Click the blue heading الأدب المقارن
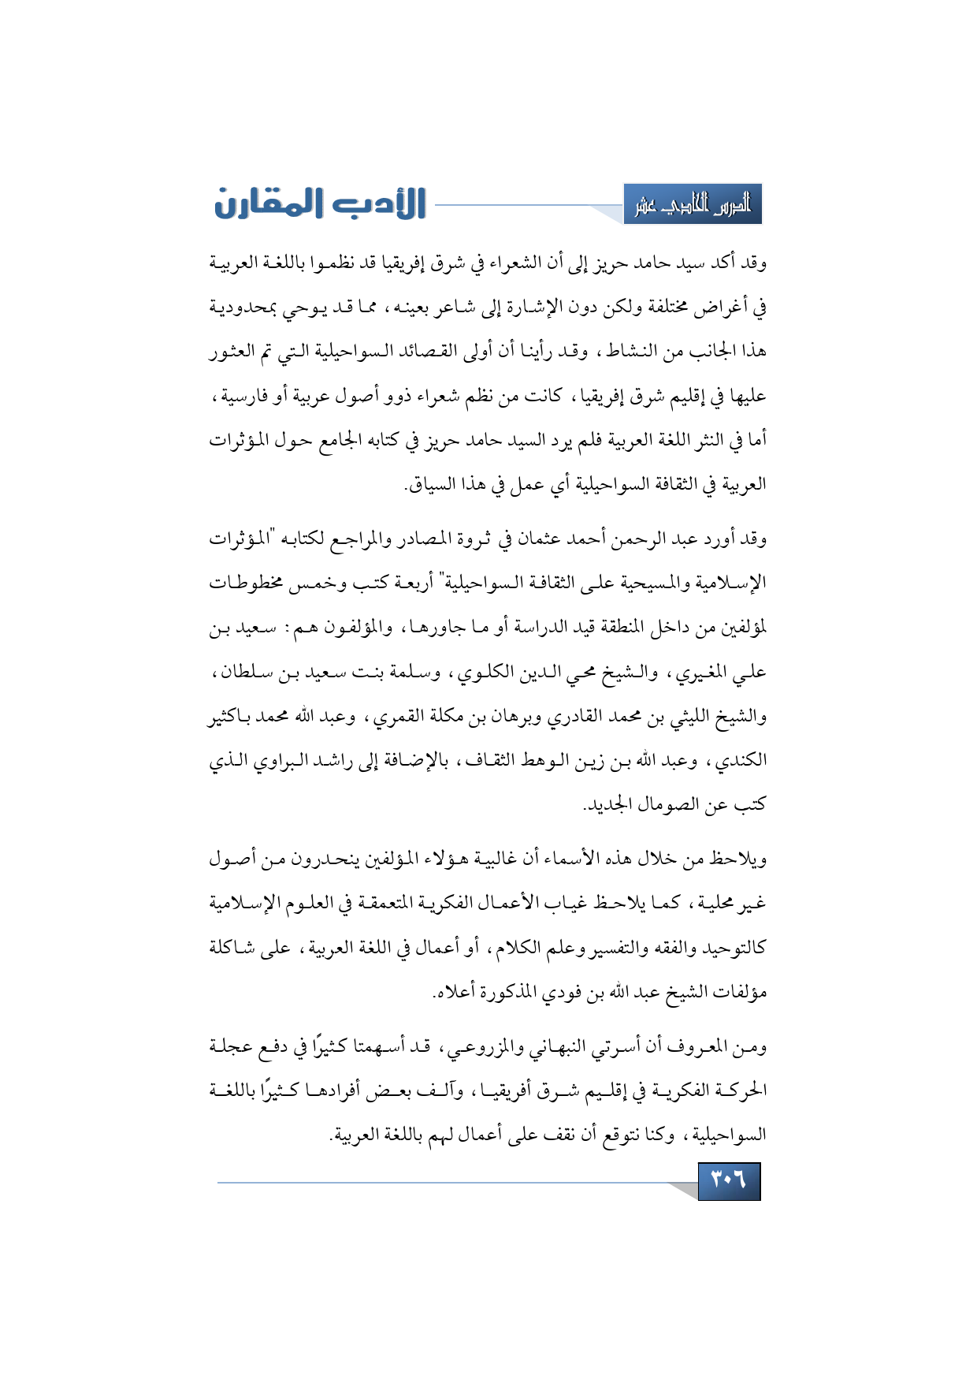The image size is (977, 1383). point(320,203)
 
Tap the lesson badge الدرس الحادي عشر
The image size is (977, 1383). point(693,205)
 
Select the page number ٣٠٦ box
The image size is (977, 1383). point(729,1180)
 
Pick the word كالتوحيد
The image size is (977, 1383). point(729,947)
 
